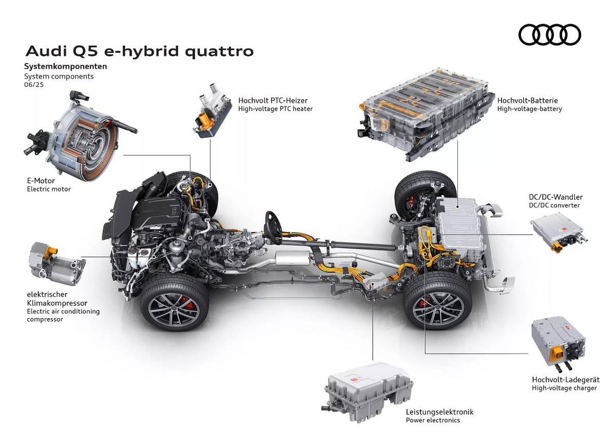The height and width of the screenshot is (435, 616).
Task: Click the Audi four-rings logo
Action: click(x=550, y=35)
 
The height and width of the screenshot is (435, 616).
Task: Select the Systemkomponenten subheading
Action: click(x=66, y=67)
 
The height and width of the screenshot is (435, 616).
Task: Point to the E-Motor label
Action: click(x=41, y=181)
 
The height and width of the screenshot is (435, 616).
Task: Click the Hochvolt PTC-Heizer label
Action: click(x=273, y=100)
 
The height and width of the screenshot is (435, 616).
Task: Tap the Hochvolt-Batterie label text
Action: click(x=527, y=100)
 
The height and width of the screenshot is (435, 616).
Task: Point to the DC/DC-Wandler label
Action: click(x=555, y=197)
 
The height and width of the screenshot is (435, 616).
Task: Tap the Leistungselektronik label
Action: click(x=439, y=412)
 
